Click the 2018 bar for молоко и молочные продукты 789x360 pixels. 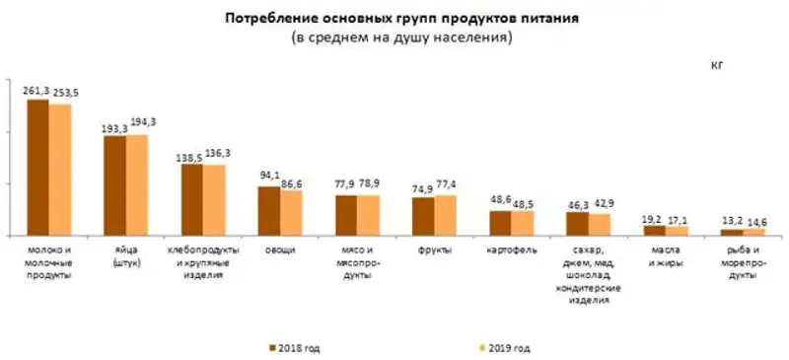click(x=37, y=168)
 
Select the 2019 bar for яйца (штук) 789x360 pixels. click(x=136, y=185)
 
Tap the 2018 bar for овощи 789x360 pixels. click(x=268, y=211)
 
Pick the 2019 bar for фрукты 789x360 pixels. click(x=445, y=216)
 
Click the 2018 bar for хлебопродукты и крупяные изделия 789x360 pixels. click(x=192, y=200)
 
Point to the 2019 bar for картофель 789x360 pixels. click(x=523, y=223)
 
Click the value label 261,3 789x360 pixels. click(x=36, y=91)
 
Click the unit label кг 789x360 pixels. click(x=716, y=65)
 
